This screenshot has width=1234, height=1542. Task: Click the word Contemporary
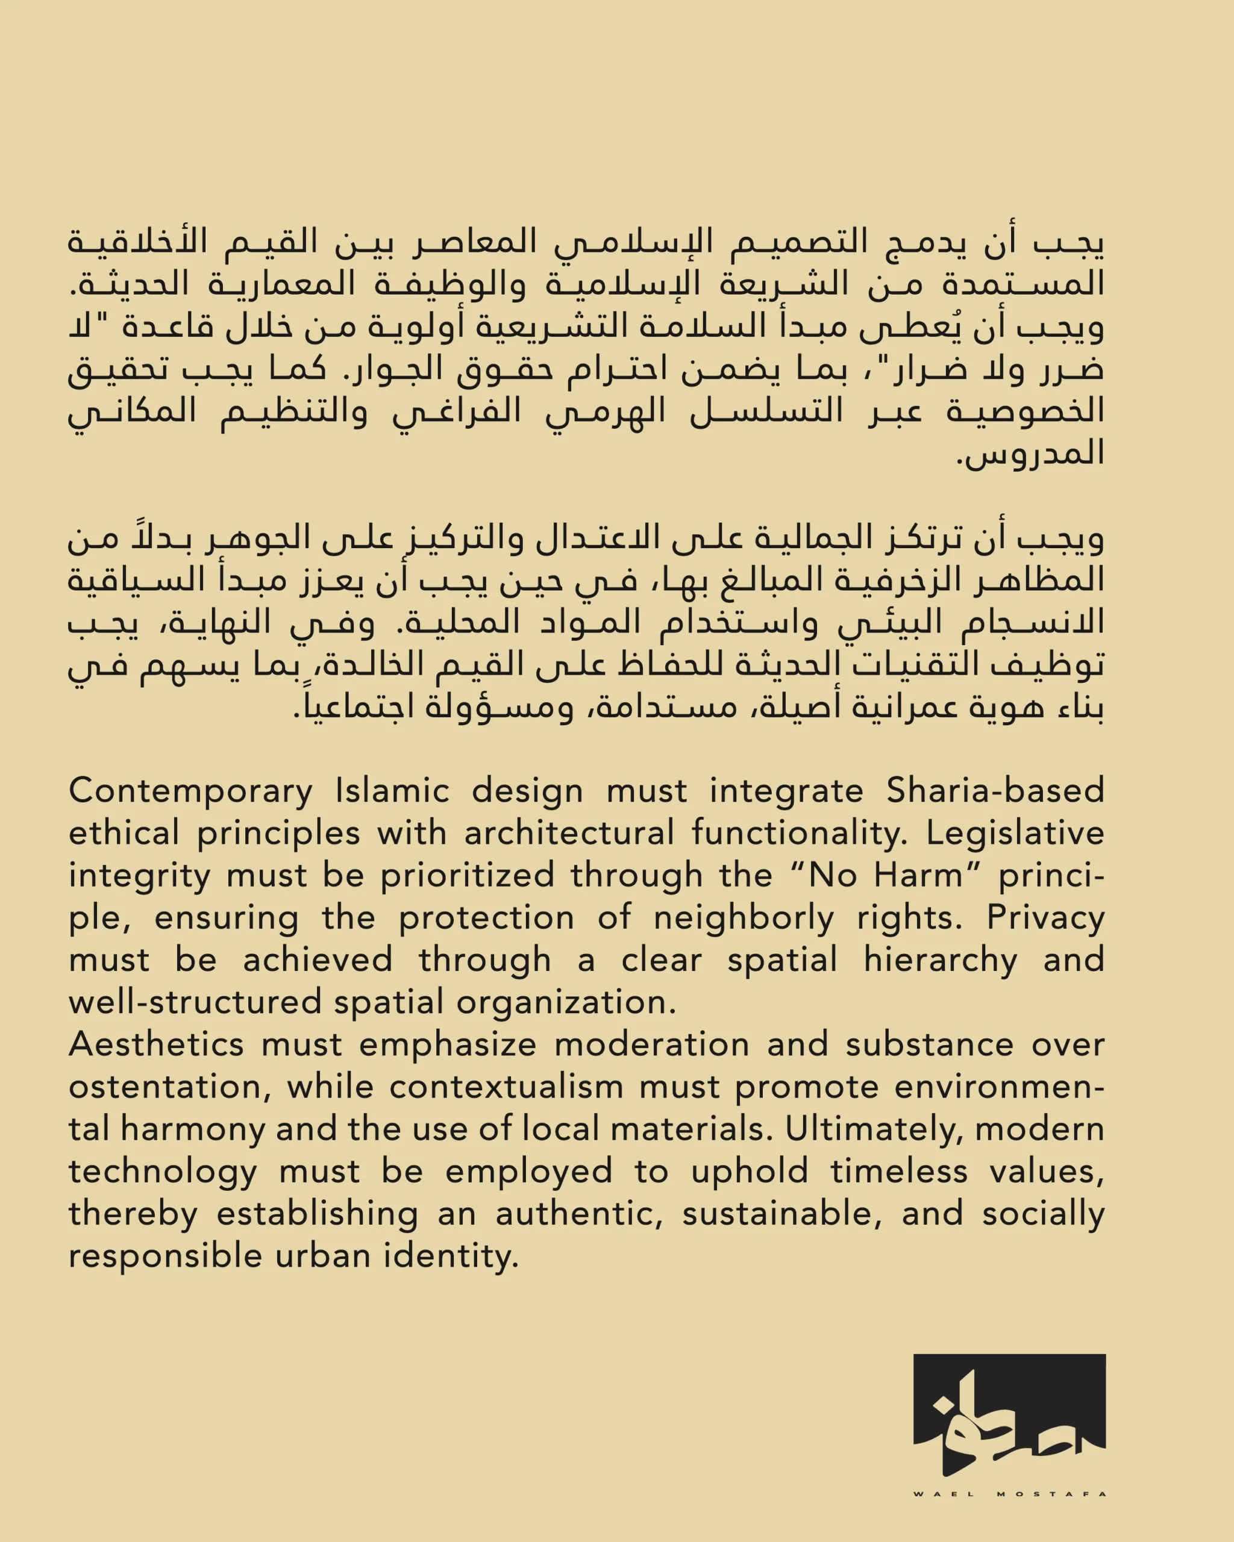[x=190, y=791]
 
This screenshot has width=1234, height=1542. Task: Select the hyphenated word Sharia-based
[x=995, y=790]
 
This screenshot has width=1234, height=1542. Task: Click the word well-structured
[x=195, y=1002]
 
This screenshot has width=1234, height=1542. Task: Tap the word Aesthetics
[x=156, y=1045]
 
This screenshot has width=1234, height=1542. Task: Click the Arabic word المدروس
[x=1031, y=454]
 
